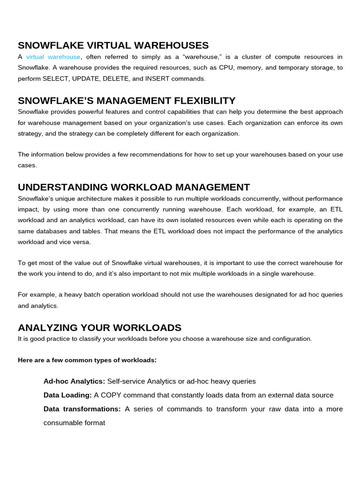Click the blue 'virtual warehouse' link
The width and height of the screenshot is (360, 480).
[53, 57]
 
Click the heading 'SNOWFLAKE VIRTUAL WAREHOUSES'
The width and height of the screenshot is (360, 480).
[113, 45]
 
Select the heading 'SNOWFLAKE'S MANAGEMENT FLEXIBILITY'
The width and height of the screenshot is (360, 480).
[127, 101]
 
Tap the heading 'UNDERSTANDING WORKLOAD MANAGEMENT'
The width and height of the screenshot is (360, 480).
[134, 187]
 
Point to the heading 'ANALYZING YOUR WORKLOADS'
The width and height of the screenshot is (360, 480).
[99, 328]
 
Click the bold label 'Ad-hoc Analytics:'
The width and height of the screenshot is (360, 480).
[74, 382]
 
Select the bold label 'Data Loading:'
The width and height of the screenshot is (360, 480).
[67, 395]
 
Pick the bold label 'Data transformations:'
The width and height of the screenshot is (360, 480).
[82, 409]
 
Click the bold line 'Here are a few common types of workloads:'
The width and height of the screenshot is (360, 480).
[87, 360]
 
